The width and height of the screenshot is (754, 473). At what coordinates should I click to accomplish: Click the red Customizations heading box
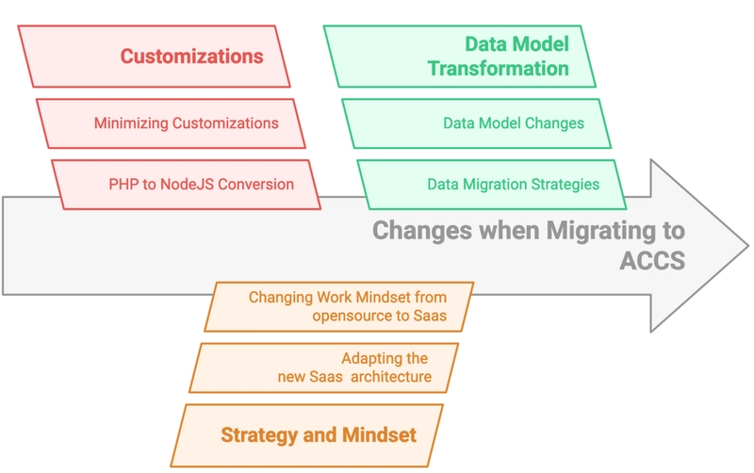pos(154,57)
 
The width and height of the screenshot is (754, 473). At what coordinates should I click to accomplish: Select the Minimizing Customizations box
pos(171,123)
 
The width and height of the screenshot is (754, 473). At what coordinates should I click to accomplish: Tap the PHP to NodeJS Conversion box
pos(186,185)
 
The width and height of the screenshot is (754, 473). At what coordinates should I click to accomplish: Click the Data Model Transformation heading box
pos(460,57)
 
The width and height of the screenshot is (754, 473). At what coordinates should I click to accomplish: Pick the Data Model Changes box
pos(477,123)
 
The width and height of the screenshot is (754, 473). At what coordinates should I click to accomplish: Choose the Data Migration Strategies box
pos(492,185)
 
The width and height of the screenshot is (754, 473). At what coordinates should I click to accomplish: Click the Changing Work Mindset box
pos(339,306)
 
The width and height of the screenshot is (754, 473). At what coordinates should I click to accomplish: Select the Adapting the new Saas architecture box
pos(323,367)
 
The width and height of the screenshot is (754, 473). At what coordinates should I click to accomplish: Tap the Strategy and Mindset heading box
pos(307,435)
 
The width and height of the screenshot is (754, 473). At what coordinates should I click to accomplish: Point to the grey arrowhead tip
pos(748,246)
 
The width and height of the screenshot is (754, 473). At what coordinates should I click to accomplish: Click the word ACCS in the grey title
pos(652,261)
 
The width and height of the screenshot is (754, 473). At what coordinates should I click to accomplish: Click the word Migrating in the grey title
pos(600,231)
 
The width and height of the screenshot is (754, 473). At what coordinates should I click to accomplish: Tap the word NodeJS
pos(187,184)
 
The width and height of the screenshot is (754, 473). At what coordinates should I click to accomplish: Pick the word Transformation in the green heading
pos(499,68)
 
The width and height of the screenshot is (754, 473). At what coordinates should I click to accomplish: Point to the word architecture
pos(391,376)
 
